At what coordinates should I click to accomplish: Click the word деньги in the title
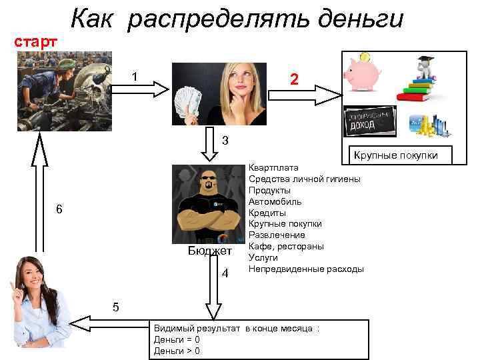pyautogui.click(x=361, y=19)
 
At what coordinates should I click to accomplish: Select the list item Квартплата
pyautogui.click(x=273, y=167)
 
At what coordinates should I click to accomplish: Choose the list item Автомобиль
pyautogui.click(x=275, y=201)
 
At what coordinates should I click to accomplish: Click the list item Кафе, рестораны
pyautogui.click(x=286, y=247)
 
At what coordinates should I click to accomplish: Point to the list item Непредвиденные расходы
pyautogui.click(x=306, y=269)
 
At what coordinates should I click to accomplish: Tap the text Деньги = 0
pyautogui.click(x=177, y=340)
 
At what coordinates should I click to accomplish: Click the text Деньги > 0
pyautogui.click(x=177, y=351)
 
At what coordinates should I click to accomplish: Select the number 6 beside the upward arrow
pyautogui.click(x=59, y=209)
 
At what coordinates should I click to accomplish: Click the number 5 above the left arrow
pyautogui.click(x=116, y=307)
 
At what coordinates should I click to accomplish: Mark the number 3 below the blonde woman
pyautogui.click(x=225, y=141)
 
